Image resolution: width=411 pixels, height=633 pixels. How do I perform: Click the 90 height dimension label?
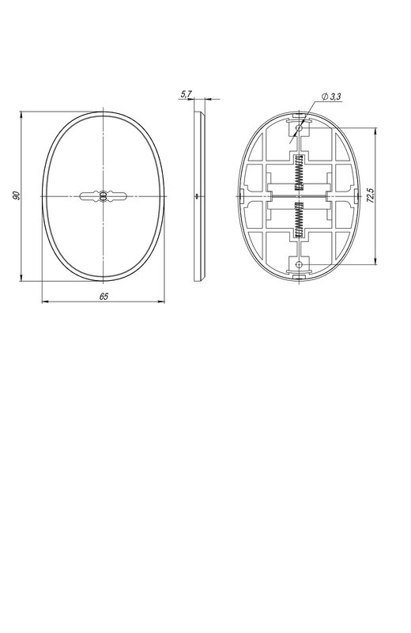(x=16, y=195)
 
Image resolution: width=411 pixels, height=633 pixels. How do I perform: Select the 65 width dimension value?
(x=104, y=296)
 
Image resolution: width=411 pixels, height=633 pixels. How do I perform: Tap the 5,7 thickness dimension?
(x=187, y=94)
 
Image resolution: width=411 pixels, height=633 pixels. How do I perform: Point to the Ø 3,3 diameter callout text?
(x=331, y=97)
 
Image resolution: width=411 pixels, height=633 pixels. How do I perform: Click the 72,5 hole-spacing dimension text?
(x=371, y=195)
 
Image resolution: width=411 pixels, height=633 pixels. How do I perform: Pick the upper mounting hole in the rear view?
(x=299, y=128)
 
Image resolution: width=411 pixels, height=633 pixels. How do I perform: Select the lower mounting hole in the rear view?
(x=299, y=264)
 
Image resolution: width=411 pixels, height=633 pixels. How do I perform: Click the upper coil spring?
(x=299, y=172)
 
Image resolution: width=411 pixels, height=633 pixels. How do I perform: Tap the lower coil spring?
(x=299, y=219)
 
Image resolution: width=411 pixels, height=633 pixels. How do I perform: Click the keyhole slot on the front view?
(x=104, y=196)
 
